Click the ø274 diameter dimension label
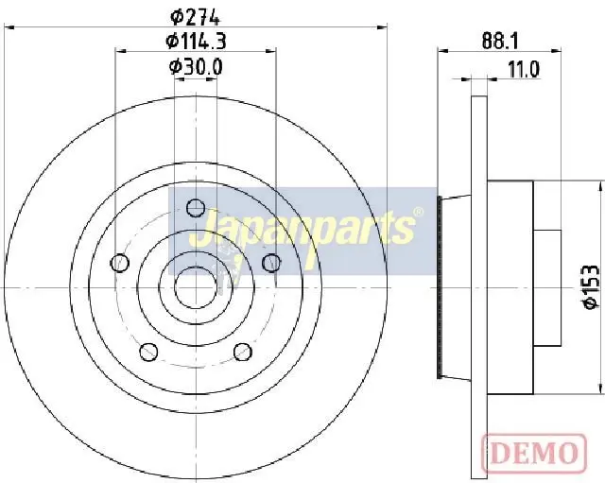point(196,17)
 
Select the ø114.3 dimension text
point(196,41)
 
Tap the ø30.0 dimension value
point(196,67)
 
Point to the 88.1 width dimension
point(500,41)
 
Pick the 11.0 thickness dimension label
point(524,69)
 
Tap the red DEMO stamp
point(534,452)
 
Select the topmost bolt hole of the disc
point(196,208)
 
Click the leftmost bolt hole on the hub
point(120,263)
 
